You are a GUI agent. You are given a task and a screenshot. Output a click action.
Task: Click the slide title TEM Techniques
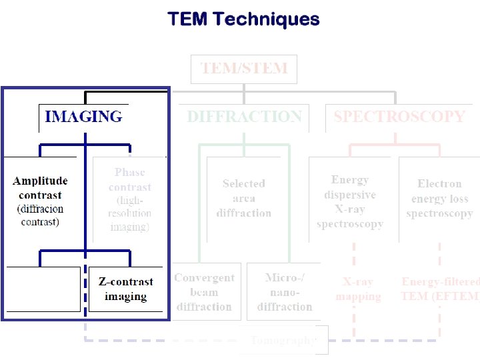pyautogui.click(x=243, y=19)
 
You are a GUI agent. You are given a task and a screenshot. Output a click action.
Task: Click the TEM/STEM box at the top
pyautogui.click(x=244, y=69)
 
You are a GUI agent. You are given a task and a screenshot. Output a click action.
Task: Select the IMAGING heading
pyautogui.click(x=83, y=117)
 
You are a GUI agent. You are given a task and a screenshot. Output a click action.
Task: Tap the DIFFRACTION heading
pyautogui.click(x=244, y=117)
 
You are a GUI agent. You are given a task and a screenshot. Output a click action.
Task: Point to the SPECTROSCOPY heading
pyautogui.click(x=399, y=117)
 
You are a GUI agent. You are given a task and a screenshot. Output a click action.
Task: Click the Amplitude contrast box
pyautogui.click(x=41, y=200)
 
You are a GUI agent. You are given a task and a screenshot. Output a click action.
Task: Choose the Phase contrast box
pyautogui.click(x=129, y=200)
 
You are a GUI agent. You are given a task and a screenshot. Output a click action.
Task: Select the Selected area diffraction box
pyautogui.click(x=244, y=199)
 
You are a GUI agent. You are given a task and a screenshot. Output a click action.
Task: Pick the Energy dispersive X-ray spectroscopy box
pyautogui.click(x=351, y=201)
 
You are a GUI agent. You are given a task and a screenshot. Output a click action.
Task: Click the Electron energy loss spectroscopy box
pyautogui.click(x=439, y=199)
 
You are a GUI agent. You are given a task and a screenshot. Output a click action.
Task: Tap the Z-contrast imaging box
pyautogui.click(x=125, y=289)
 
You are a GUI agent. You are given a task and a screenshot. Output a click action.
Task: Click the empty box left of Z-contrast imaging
pyautogui.click(x=43, y=289)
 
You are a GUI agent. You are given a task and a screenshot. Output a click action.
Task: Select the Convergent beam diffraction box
pyautogui.click(x=204, y=292)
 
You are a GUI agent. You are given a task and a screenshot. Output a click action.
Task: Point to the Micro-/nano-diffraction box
pyautogui.click(x=284, y=292)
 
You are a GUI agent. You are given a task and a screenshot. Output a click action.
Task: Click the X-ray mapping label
pyautogui.click(x=358, y=289)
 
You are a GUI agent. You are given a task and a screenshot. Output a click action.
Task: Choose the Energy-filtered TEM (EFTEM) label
pyautogui.click(x=440, y=289)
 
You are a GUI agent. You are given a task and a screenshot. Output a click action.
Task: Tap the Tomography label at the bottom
pyautogui.click(x=283, y=341)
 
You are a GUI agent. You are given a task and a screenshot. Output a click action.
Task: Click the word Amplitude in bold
pyautogui.click(x=40, y=181)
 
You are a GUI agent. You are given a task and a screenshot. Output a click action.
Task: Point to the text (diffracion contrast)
pyautogui.click(x=40, y=215)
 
